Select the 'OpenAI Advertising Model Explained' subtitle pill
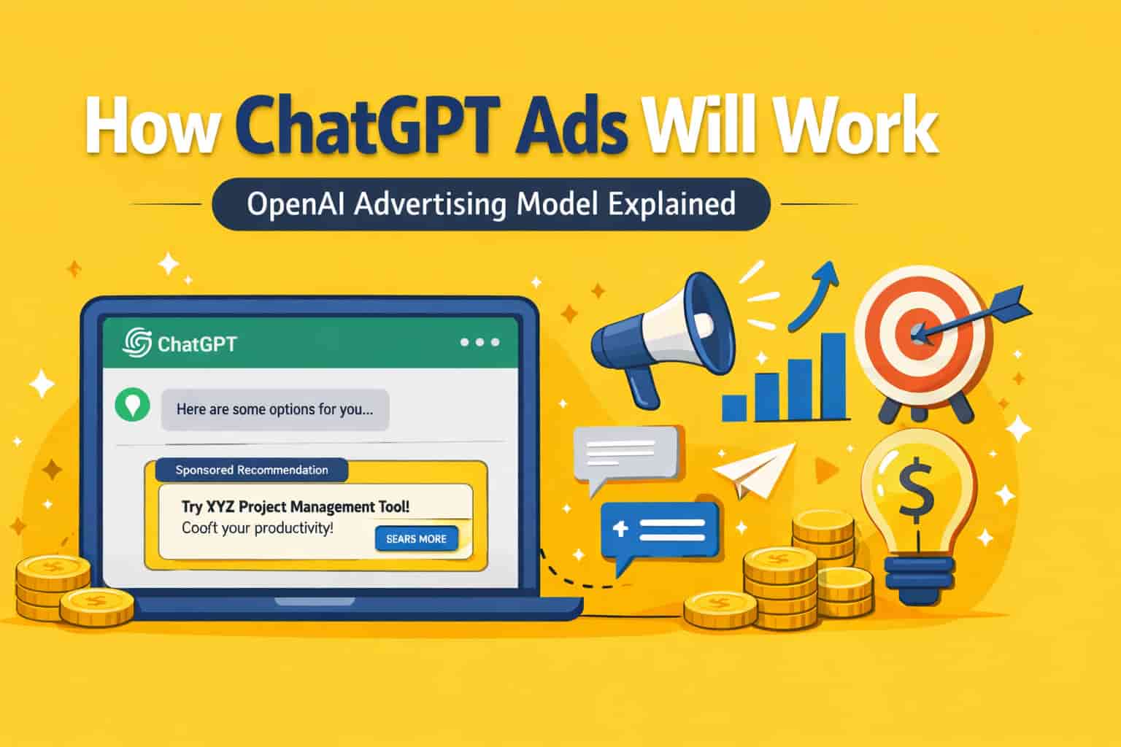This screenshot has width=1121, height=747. [x=490, y=204]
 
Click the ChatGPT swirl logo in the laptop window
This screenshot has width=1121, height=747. [x=136, y=342]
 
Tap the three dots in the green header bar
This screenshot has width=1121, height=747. [x=479, y=342]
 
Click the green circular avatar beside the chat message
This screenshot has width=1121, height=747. [x=132, y=406]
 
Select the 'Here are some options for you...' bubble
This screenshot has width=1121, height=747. [x=274, y=409]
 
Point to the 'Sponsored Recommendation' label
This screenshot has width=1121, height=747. [x=252, y=470]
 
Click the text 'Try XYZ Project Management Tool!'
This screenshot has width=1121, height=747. [x=295, y=506]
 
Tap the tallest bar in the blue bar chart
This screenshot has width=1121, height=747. [x=833, y=376]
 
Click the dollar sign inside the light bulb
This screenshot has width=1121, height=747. [x=916, y=490]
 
